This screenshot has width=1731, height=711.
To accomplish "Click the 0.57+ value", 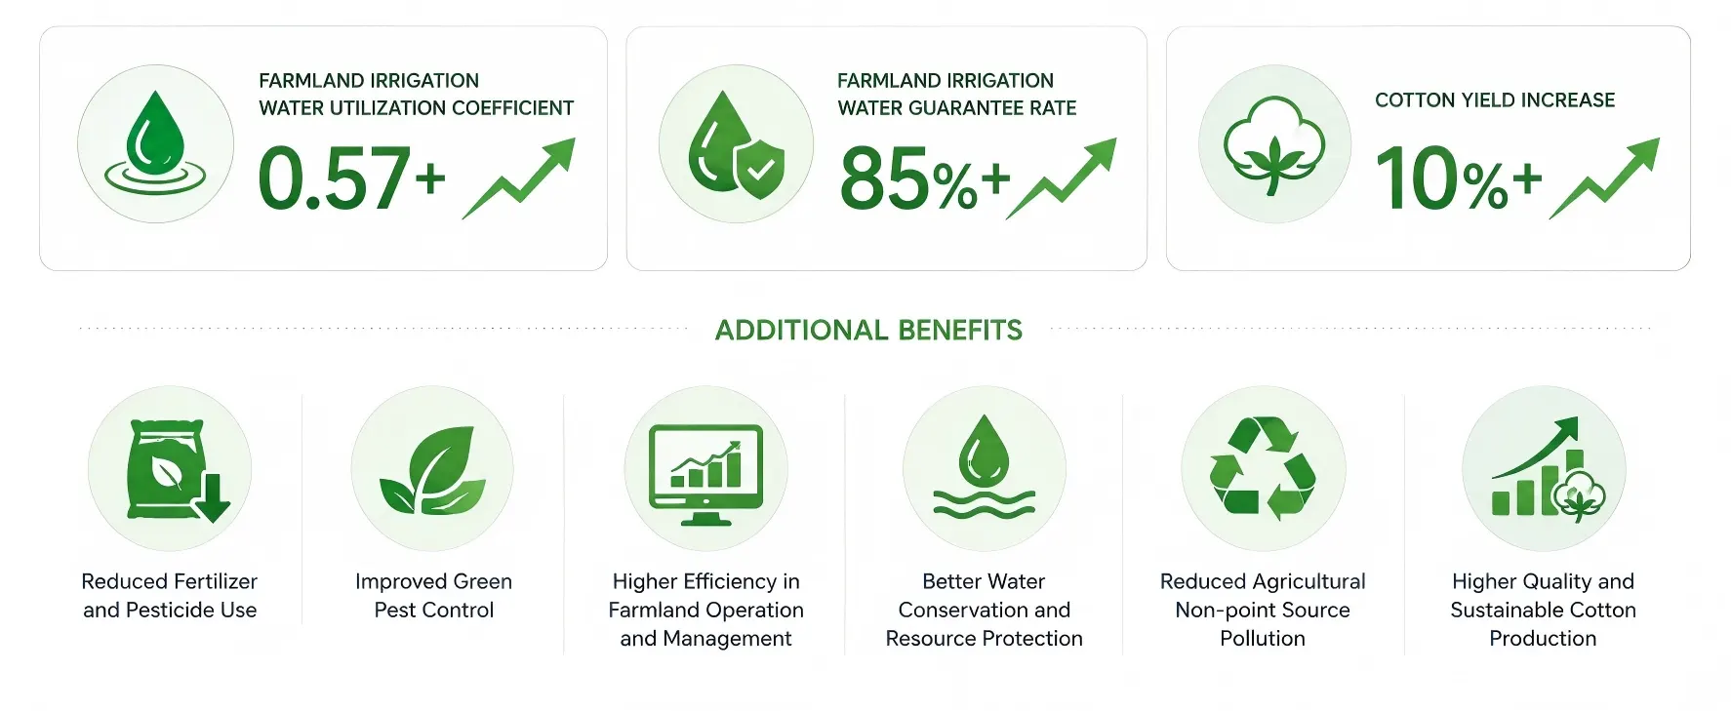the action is pos(351,178).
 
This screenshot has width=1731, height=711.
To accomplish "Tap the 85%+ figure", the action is pos(924,178).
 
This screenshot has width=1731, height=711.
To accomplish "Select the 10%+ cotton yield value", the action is pos(1459,178).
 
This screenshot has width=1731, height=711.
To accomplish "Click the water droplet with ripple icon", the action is pos(155,143).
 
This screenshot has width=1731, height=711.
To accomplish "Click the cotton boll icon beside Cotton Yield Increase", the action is pos(1274,144).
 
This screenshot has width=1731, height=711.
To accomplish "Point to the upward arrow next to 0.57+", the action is pos(519,178).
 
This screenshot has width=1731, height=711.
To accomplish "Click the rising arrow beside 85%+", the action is pos(1062,178).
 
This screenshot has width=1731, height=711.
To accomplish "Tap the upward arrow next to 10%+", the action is pos(1604,178).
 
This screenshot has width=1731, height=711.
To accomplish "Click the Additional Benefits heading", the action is pos(868,331).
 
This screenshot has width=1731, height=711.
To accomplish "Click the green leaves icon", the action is pos(432,470).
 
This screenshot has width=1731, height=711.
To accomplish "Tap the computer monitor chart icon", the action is pos(706,474).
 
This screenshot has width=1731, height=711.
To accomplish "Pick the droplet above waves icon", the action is pos(984,467).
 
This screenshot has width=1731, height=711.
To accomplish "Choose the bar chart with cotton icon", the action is pos(1548,468).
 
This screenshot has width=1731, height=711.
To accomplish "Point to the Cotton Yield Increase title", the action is pos(1495,100).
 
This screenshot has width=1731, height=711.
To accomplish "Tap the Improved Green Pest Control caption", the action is pos(433,596).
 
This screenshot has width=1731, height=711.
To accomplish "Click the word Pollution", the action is pos(1263,639).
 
